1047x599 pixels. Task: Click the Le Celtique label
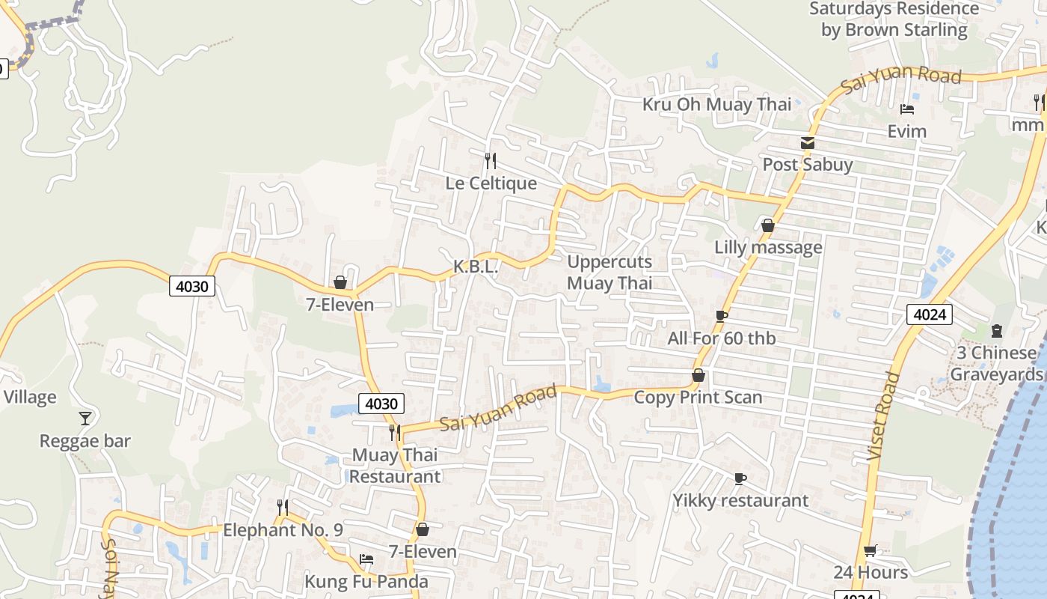[491, 183]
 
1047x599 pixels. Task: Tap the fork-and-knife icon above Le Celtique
[491, 160]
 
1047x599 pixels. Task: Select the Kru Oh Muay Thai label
[716, 104]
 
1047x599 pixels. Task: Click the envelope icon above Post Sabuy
[807, 143]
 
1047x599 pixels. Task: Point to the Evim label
[906, 132]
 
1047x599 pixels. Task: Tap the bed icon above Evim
[907, 109]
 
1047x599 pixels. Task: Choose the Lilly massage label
[768, 247]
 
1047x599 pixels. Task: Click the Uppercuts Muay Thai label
[610, 273]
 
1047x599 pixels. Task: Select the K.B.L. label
[476, 267]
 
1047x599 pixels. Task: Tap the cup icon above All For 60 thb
[721, 316]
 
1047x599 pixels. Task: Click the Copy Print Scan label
[698, 398]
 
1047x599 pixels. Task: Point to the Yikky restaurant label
[740, 500]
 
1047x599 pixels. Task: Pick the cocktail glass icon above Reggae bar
[85, 418]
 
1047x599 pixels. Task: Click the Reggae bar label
[85, 441]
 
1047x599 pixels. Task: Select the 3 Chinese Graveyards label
[997, 363]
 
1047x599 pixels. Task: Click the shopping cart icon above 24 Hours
[870, 551]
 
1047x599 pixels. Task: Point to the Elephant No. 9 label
[283, 530]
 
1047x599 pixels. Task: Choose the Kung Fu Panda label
[366, 582]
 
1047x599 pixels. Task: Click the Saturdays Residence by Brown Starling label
[894, 19]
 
